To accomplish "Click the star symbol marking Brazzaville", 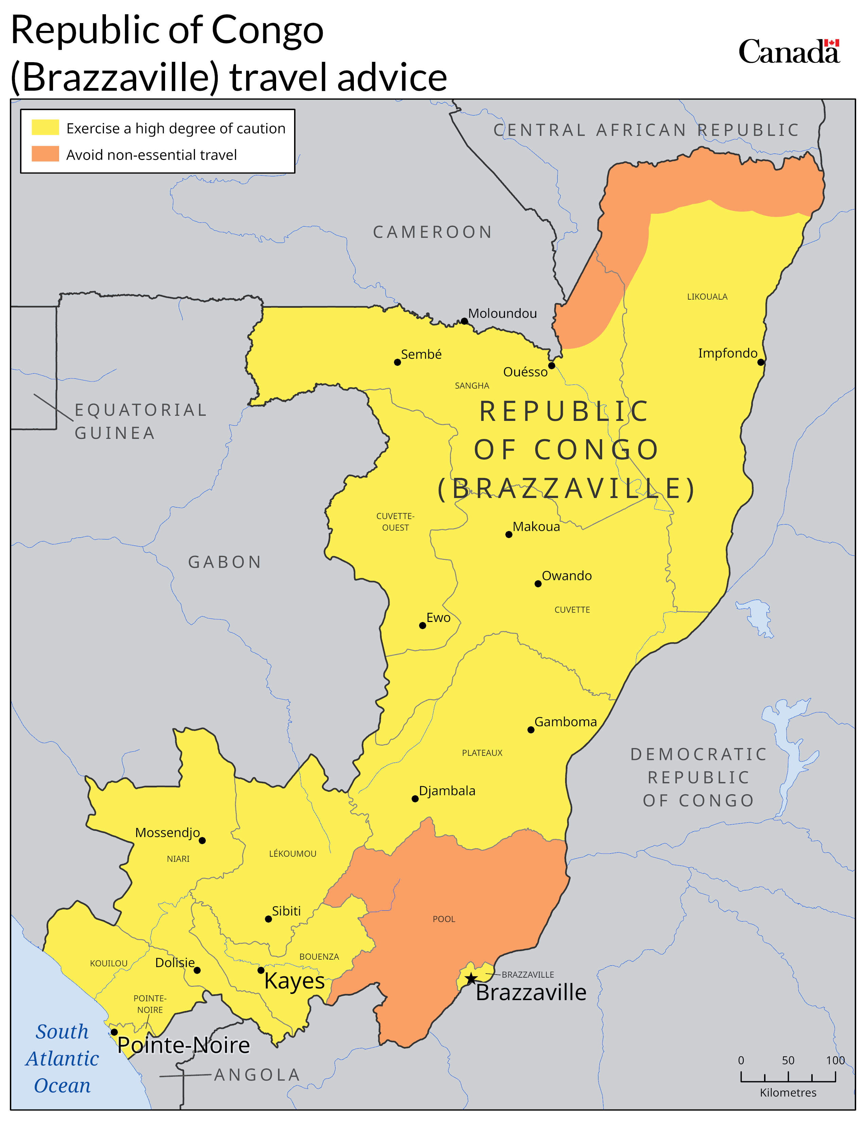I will (471, 979).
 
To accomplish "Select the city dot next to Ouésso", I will (552, 366).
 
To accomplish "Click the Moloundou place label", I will (502, 313).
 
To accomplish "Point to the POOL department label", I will (444, 919).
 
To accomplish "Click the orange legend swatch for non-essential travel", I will (45, 154).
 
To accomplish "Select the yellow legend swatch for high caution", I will (45, 127).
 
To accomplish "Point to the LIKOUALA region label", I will (707, 297).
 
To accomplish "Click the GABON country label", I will (225, 562).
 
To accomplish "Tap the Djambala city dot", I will (415, 799).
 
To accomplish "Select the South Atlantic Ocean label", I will (62, 1058).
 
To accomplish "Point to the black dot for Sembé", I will (397, 362).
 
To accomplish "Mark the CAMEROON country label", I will (432, 232).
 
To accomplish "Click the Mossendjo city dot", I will (202, 840).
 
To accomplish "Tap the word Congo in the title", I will (267, 30).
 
